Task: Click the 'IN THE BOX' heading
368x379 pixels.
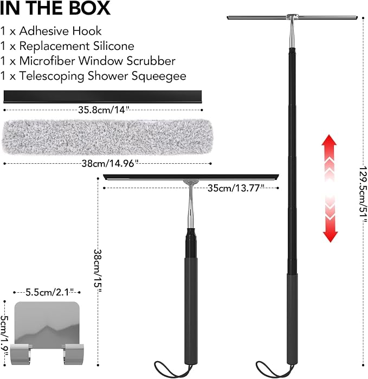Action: tap(55, 8)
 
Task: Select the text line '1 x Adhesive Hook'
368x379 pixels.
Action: tap(51, 31)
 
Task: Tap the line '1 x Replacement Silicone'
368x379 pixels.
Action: tap(67, 46)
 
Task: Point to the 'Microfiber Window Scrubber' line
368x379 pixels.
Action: tap(88, 61)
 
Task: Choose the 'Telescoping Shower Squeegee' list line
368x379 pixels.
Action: tap(93, 76)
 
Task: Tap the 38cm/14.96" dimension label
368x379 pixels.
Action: tap(110, 164)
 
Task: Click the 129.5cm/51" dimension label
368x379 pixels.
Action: tap(363, 195)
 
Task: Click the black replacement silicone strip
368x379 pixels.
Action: tap(102, 97)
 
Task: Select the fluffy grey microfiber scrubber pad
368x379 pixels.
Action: tap(107, 137)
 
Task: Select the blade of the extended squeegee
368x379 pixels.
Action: tap(292, 18)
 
